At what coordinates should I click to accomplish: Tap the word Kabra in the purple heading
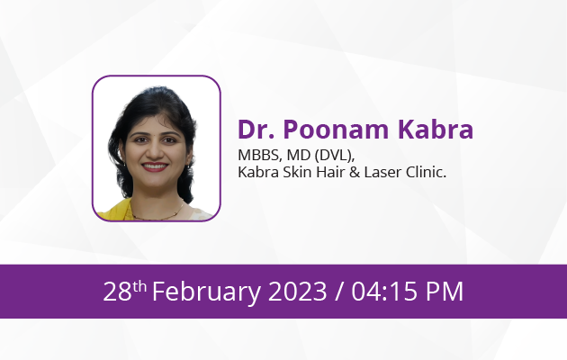pyautogui.click(x=436, y=129)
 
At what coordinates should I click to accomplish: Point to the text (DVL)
pyautogui.click(x=334, y=156)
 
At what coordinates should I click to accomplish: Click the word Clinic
pyautogui.click(x=426, y=172)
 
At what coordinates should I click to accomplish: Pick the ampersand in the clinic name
pyautogui.click(x=355, y=173)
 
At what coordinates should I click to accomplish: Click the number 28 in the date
pyautogui.click(x=117, y=291)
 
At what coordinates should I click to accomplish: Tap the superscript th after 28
pyautogui.click(x=139, y=286)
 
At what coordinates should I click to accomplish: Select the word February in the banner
pyautogui.click(x=206, y=292)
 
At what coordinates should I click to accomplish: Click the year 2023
pyautogui.click(x=297, y=291)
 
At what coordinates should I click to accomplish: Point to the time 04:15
pyautogui.click(x=384, y=291)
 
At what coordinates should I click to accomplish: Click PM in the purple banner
pyautogui.click(x=445, y=291)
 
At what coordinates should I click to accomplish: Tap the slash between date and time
pyautogui.click(x=338, y=292)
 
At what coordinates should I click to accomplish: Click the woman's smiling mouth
pyautogui.click(x=155, y=166)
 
